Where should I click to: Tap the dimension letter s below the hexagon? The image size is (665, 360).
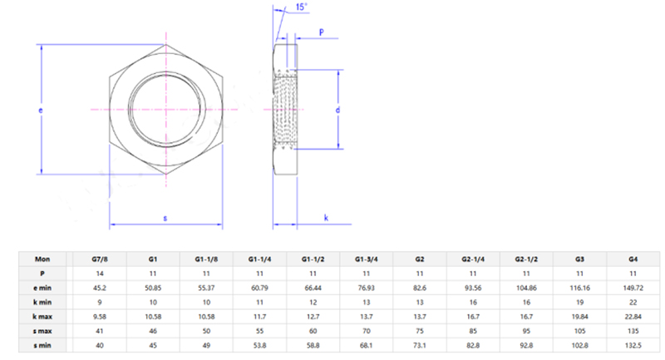click(165, 218)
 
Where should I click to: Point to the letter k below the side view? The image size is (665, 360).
click(325, 218)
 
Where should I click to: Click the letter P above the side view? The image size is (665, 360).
click(322, 34)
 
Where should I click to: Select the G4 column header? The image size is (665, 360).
click(633, 259)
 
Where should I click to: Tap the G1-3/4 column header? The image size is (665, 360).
click(367, 259)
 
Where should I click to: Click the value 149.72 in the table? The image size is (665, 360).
click(633, 287)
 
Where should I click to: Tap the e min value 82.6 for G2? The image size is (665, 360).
click(420, 287)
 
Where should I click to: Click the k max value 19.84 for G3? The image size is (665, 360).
click(580, 315)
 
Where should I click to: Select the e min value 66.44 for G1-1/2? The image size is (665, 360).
click(313, 287)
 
